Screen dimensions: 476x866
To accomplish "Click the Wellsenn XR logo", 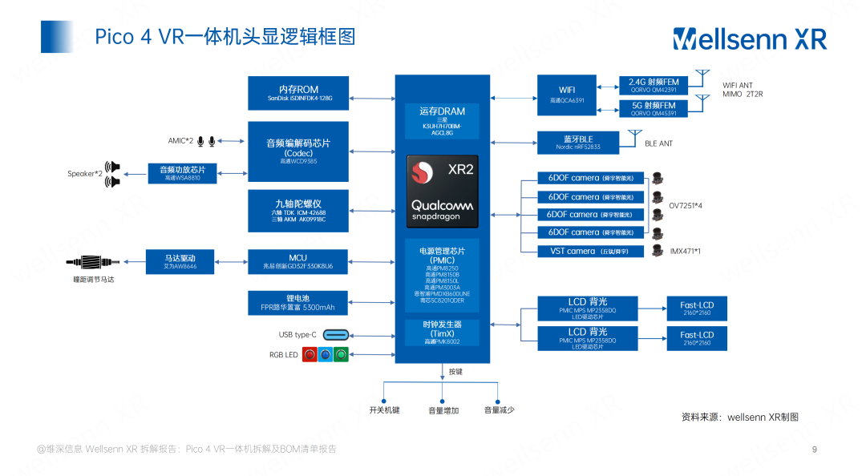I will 749,38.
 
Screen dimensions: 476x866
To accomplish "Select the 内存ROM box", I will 298,93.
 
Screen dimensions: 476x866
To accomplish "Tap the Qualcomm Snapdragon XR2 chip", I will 442,191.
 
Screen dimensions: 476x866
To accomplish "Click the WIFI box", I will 567,95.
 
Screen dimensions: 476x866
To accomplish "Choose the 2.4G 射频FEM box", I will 653,85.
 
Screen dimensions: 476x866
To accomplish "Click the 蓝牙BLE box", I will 577,143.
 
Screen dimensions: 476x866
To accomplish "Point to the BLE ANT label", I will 659,144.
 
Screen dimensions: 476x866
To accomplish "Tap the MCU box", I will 298,261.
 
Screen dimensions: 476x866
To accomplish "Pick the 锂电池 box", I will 298,303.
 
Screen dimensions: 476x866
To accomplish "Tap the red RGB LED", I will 309,355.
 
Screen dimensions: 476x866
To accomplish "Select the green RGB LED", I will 341,355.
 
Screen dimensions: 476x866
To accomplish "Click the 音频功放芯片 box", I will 182,173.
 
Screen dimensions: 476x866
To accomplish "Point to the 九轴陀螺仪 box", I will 298,211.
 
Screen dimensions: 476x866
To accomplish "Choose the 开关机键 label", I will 384,410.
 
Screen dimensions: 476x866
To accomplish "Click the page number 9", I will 815,449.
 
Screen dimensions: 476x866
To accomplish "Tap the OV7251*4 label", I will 686,206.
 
